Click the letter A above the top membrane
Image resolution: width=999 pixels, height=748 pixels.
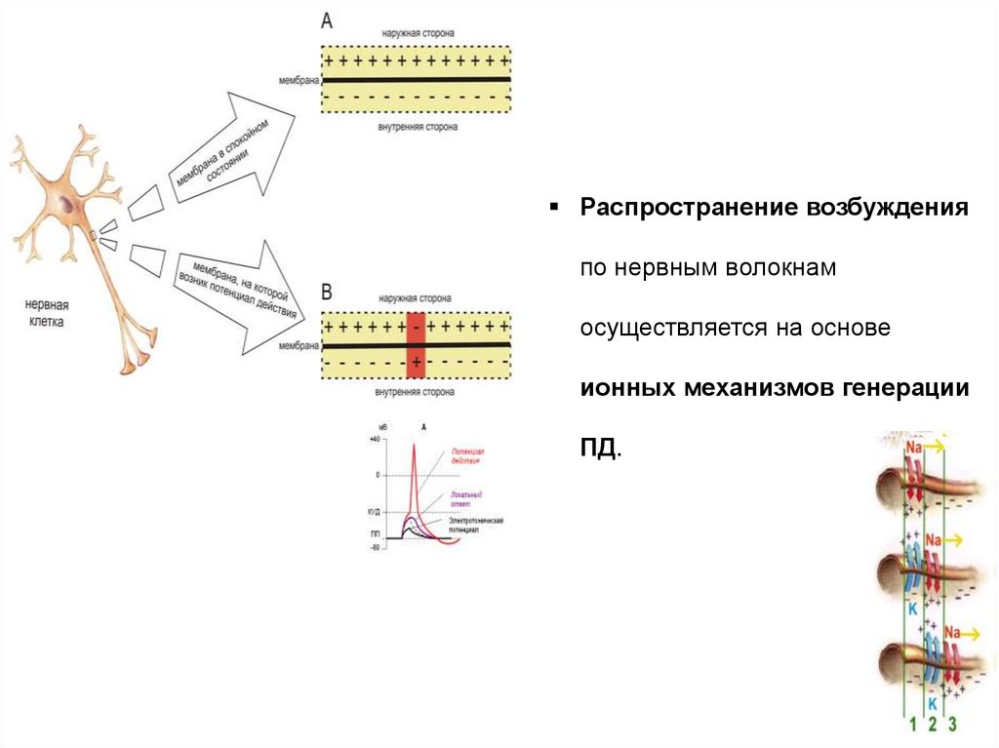click(326, 20)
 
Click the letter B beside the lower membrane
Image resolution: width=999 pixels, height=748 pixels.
click(327, 292)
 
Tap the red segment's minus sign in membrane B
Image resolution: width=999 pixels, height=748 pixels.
click(417, 328)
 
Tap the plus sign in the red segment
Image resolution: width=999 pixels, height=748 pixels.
click(417, 363)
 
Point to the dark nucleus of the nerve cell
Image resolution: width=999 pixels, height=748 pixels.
click(65, 204)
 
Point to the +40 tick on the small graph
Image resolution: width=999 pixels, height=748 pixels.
click(374, 441)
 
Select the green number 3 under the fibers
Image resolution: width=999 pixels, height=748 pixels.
click(952, 725)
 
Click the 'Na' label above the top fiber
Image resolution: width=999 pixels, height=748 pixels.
click(914, 448)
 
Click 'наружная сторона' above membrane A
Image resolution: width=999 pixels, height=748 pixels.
click(417, 34)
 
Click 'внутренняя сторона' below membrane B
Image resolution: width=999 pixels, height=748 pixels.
click(417, 393)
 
